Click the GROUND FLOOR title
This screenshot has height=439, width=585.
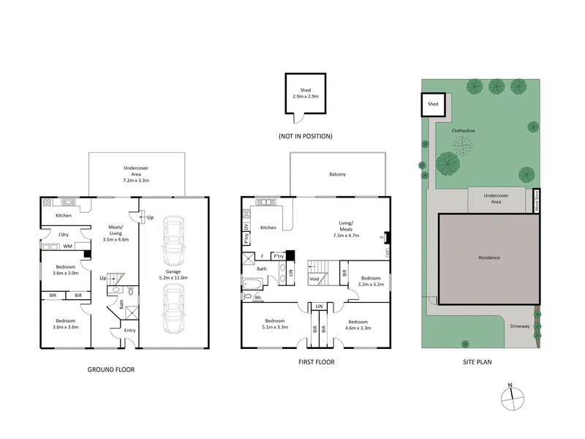point(111,369)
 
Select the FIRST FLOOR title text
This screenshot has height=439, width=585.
point(317,362)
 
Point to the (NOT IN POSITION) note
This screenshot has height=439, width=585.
point(306,136)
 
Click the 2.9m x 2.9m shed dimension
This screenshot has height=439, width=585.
point(306,96)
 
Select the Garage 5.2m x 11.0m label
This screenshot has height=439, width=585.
point(174,275)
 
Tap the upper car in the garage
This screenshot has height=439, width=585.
point(173,241)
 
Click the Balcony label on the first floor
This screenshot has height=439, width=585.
point(337,174)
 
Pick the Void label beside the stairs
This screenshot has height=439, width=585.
point(314,279)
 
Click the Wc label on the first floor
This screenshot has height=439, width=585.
point(257,297)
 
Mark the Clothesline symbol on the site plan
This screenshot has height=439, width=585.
point(462,146)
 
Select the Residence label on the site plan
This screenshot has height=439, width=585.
point(489,258)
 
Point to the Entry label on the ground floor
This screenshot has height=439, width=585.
point(129,330)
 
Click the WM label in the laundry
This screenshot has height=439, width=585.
point(67,246)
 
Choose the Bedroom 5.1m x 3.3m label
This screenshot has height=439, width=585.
point(275,324)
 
